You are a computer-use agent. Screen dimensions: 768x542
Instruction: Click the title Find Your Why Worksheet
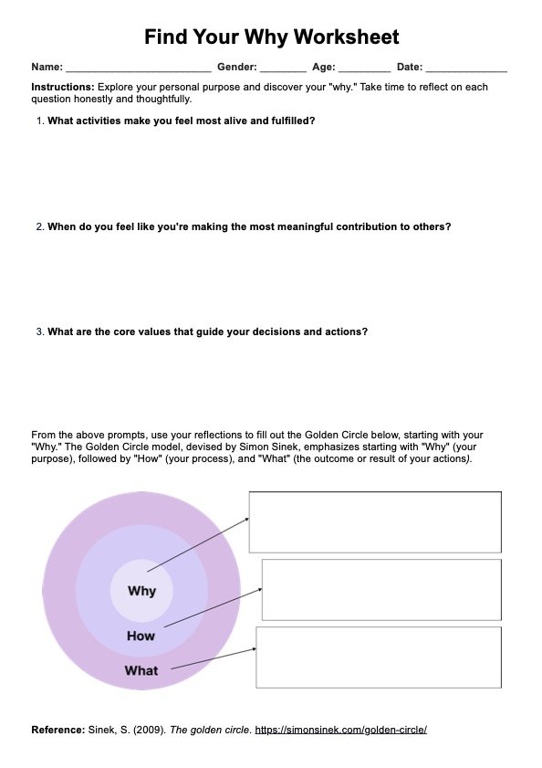coord(271,37)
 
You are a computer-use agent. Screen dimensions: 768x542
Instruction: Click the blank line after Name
coord(139,68)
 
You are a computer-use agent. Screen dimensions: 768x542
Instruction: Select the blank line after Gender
coord(283,68)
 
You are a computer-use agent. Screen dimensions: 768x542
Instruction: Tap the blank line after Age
coord(364,68)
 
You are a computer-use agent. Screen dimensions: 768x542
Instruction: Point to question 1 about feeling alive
coord(181,120)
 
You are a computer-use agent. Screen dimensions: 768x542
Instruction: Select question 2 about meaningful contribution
coord(248,226)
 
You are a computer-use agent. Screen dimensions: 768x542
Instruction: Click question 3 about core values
coord(207,331)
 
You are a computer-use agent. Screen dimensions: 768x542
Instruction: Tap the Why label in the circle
coord(141,591)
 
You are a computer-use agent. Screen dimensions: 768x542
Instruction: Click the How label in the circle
coord(141,636)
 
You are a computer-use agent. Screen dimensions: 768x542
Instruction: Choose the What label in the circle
coord(141,670)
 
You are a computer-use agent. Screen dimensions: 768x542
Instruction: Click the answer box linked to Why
coord(374,521)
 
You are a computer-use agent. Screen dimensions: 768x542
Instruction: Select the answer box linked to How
coord(381,589)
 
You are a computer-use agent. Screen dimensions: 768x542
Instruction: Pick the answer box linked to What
coord(379,657)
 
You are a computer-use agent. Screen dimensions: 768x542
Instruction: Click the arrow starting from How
coord(212,608)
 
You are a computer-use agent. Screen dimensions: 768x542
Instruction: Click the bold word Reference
coord(57,730)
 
